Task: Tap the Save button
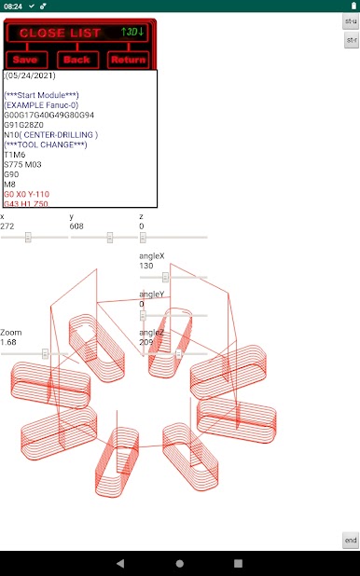tap(26, 60)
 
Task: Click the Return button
tap(128, 60)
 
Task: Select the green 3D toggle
tap(132, 32)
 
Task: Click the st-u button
tap(352, 21)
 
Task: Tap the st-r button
tap(352, 40)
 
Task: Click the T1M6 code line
tap(15, 155)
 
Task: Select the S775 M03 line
tap(22, 165)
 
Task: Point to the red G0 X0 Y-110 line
tap(26, 194)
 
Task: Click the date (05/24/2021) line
tap(30, 75)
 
